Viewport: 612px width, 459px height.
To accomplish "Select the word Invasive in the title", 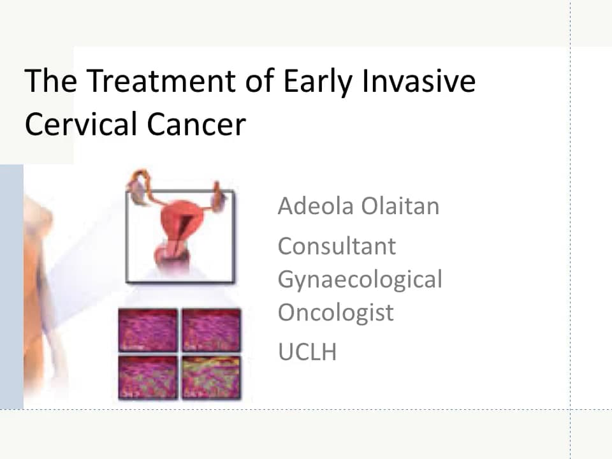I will [x=420, y=82].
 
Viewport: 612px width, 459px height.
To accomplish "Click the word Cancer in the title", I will [x=196, y=124].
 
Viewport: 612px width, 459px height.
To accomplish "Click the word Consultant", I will [x=337, y=246].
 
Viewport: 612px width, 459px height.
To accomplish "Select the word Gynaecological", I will [x=360, y=279].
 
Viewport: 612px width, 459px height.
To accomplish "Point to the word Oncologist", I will [x=335, y=312].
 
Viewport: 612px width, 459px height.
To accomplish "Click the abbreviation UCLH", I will [x=307, y=351].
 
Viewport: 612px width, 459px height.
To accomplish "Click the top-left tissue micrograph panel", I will [x=148, y=330].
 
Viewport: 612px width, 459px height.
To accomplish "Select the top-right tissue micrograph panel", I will [x=211, y=330].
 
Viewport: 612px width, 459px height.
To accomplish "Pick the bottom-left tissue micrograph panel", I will [x=148, y=377].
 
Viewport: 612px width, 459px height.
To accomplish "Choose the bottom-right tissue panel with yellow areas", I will [x=211, y=377].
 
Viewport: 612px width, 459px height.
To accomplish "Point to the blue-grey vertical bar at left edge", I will [x=11, y=287].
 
